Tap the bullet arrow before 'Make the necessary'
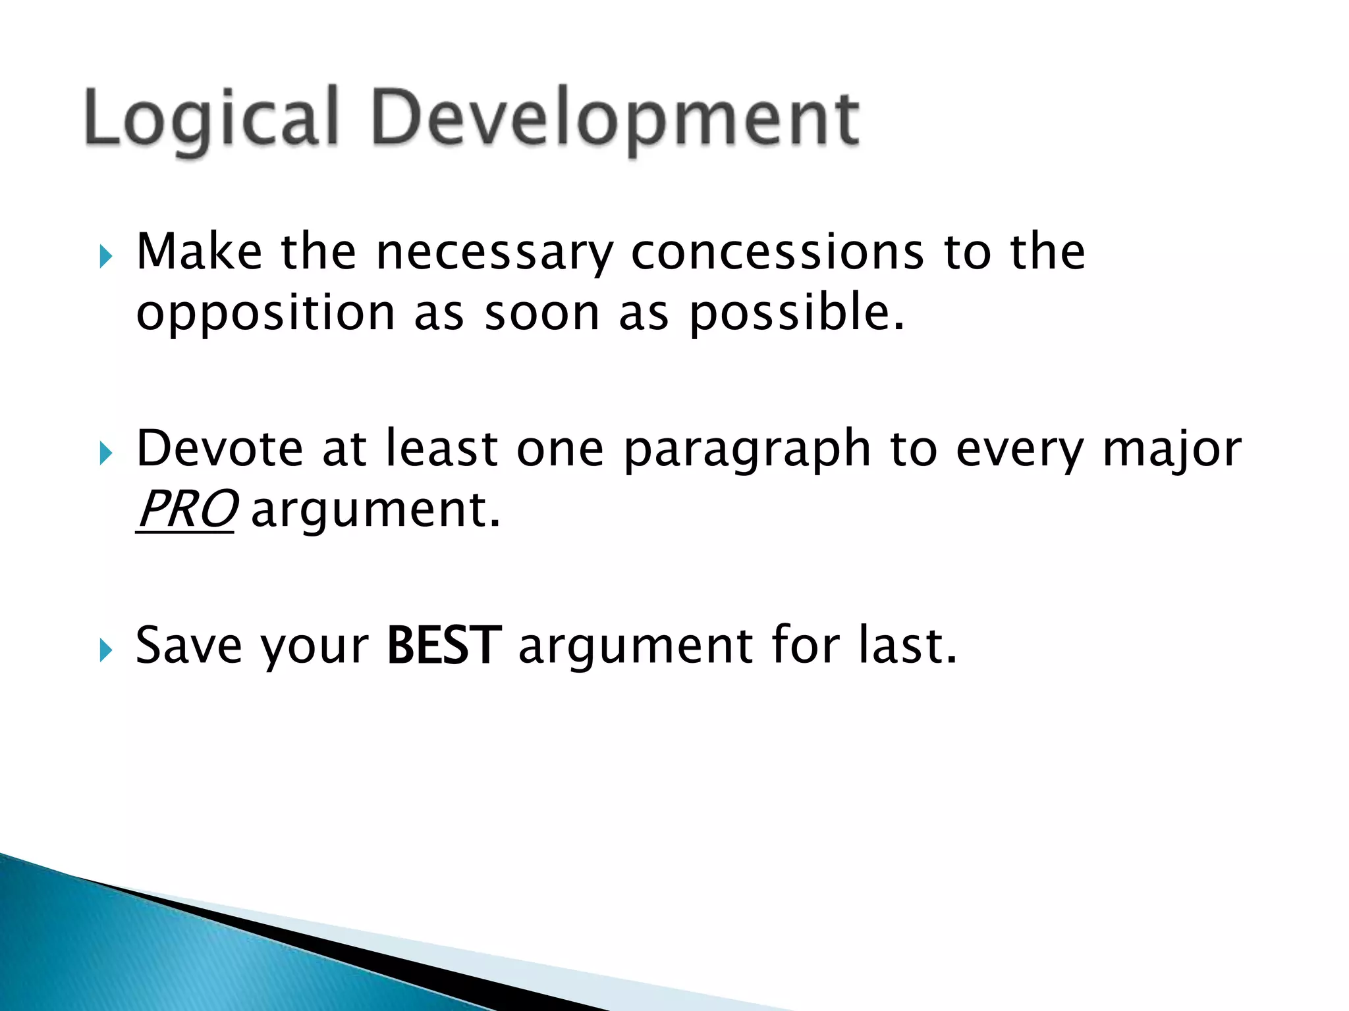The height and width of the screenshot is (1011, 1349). pyautogui.click(x=106, y=256)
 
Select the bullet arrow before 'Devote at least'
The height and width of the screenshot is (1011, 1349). pyautogui.click(x=106, y=453)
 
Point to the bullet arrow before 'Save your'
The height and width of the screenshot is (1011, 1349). pyautogui.click(x=106, y=650)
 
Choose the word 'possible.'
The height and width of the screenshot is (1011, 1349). pyautogui.click(x=797, y=313)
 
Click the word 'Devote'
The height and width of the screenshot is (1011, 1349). pyautogui.click(x=219, y=449)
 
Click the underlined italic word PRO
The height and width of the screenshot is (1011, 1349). pyautogui.click(x=186, y=509)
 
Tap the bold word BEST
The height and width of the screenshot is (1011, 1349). pyautogui.click(x=444, y=646)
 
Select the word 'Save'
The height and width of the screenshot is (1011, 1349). pyautogui.click(x=188, y=646)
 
